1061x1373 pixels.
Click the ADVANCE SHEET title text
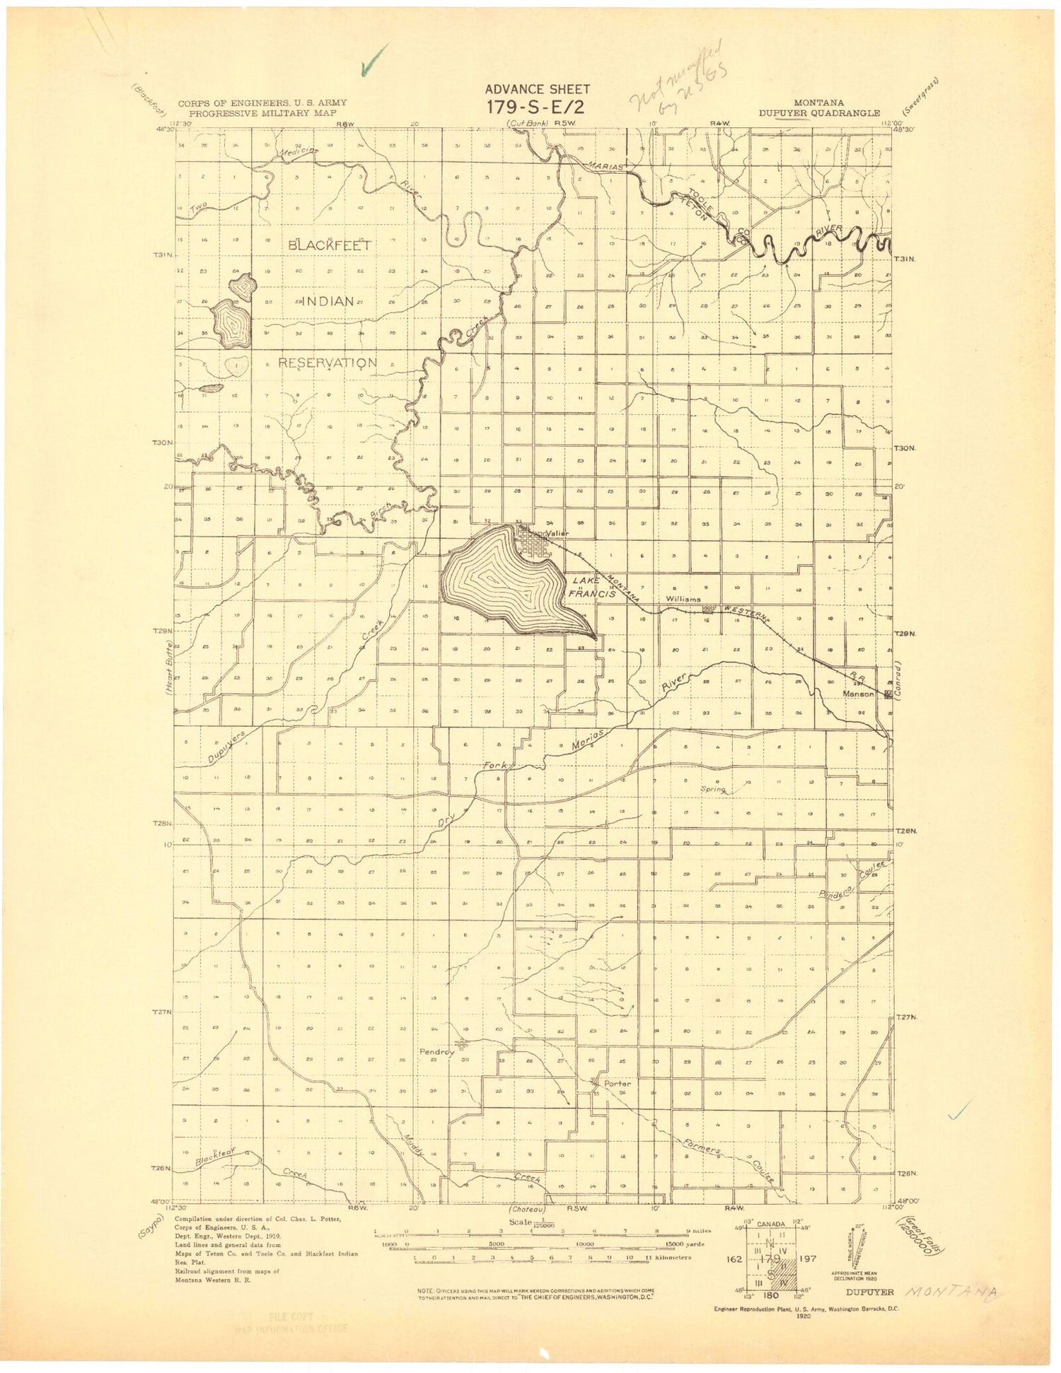[537, 89]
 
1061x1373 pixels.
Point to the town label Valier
[557, 533]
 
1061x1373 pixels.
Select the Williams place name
[683, 599]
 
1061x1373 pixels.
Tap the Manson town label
[858, 694]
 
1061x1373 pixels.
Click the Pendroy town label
[436, 1051]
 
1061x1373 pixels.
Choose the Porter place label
[617, 1083]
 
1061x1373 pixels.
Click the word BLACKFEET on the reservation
[330, 245]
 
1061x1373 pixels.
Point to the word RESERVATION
[327, 363]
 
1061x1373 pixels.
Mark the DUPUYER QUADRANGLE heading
[819, 113]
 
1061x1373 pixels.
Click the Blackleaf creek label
[216, 1157]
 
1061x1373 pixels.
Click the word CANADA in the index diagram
[770, 1224]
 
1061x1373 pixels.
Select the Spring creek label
[713, 789]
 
